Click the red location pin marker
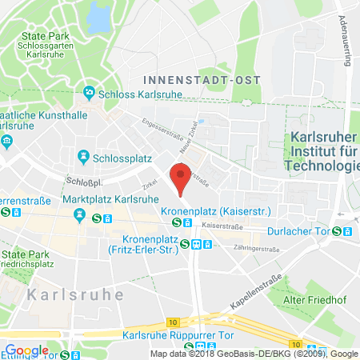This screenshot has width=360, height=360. click(182, 178)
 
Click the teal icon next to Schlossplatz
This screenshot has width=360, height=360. click(82, 156)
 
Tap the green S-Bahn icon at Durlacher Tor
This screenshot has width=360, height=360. click(337, 231)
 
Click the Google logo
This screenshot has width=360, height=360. click(26, 350)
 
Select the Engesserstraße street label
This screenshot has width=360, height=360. click(158, 131)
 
